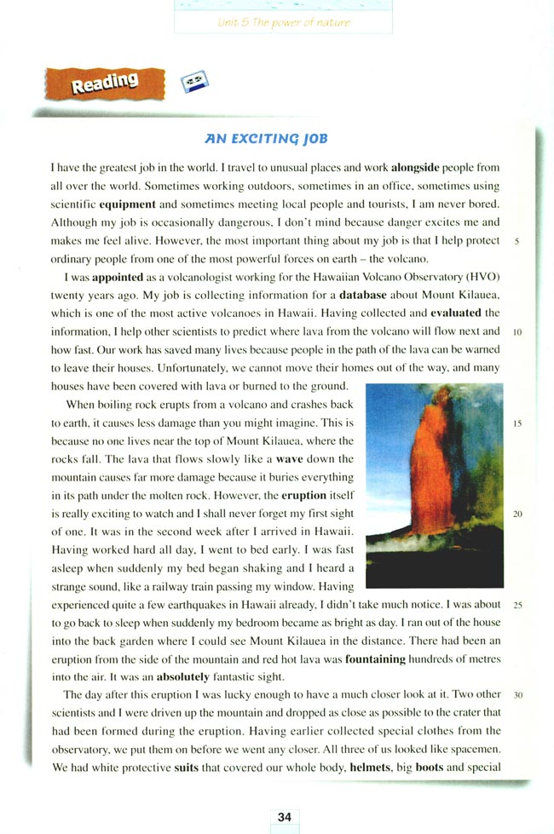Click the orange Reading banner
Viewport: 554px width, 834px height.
tap(104, 83)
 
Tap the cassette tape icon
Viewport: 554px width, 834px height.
tap(195, 83)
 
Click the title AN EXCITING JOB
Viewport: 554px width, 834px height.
tap(265, 138)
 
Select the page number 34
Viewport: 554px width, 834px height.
tap(285, 816)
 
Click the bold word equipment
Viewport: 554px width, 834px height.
tap(127, 205)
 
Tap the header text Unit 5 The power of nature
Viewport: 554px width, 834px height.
tap(284, 23)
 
